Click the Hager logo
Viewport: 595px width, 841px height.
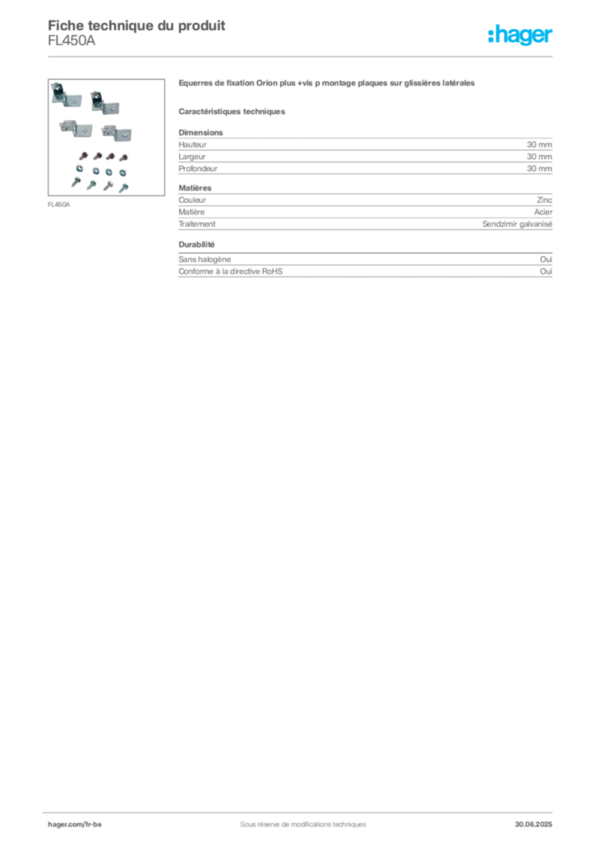tap(520, 34)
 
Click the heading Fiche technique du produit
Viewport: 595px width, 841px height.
tap(136, 25)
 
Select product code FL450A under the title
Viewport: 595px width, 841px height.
tap(71, 41)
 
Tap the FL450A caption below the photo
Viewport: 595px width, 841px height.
tap(59, 205)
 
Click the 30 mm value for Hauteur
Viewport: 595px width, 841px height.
tap(539, 145)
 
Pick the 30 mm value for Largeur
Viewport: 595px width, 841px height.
tap(539, 157)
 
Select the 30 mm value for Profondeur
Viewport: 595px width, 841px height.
tap(539, 168)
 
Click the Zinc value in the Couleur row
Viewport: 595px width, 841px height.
tap(545, 200)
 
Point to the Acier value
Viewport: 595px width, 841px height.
tap(543, 212)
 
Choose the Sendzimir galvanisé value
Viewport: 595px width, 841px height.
tap(517, 223)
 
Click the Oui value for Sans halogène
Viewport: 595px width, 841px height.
tap(546, 259)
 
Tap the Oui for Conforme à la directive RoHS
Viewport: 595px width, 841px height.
tap(546, 271)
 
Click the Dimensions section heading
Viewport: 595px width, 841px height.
tap(201, 132)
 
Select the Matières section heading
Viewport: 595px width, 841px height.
tap(195, 188)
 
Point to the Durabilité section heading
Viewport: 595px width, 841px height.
tap(196, 244)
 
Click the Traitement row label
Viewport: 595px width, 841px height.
tap(197, 223)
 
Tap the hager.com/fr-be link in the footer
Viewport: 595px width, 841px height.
tap(75, 825)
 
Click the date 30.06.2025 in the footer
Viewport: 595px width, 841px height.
tap(533, 825)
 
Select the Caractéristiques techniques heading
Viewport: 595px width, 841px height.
tap(232, 112)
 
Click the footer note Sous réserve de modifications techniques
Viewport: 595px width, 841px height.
tap(303, 825)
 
